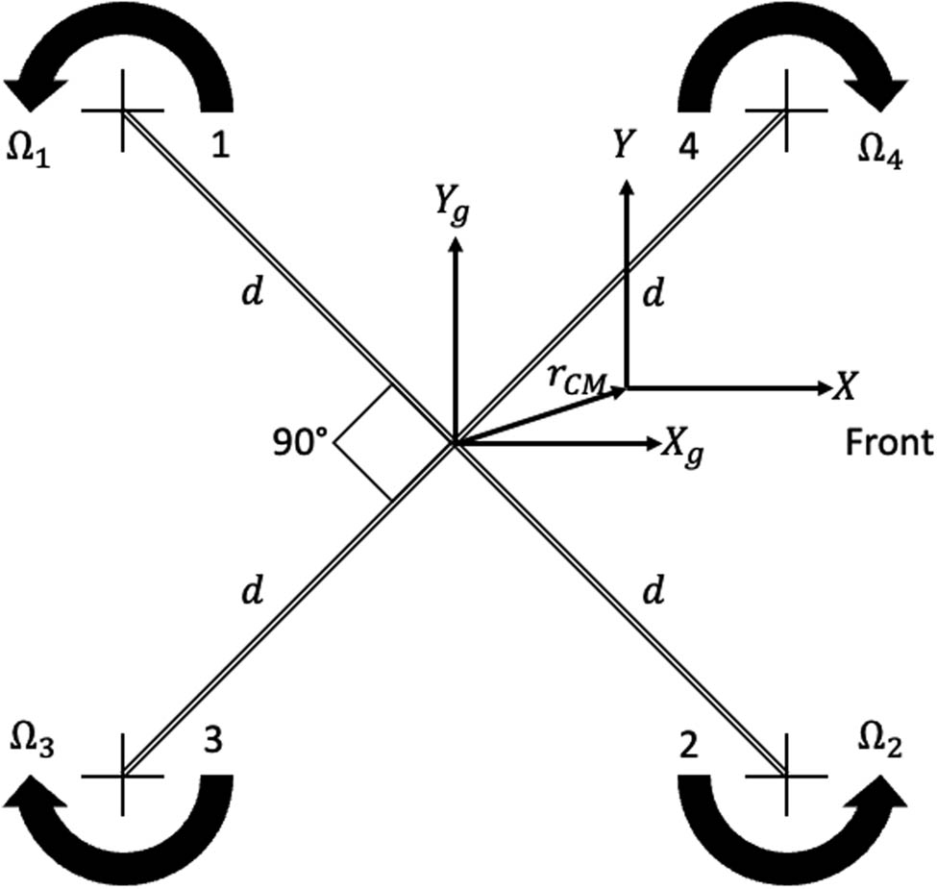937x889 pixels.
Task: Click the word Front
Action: (x=889, y=442)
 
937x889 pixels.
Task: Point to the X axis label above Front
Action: (x=845, y=387)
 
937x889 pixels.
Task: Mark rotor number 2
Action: (x=687, y=747)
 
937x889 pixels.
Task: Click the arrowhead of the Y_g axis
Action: (x=456, y=240)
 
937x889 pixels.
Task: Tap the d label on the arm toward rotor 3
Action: (x=252, y=593)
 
